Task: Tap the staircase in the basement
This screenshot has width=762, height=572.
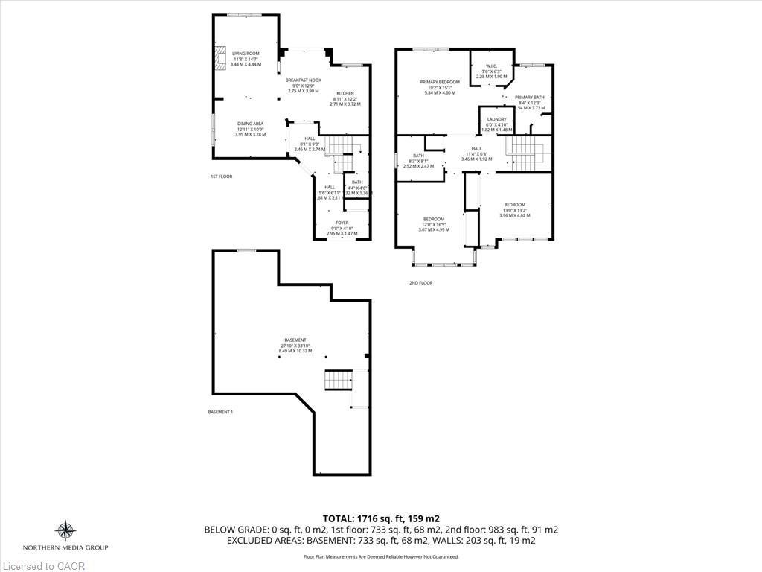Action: (x=338, y=381)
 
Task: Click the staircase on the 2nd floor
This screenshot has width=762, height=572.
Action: (x=526, y=153)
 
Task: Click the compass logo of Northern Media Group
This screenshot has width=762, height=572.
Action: (x=65, y=530)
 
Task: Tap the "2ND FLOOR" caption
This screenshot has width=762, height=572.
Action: (x=420, y=283)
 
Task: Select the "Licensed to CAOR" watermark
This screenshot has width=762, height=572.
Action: (x=43, y=566)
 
